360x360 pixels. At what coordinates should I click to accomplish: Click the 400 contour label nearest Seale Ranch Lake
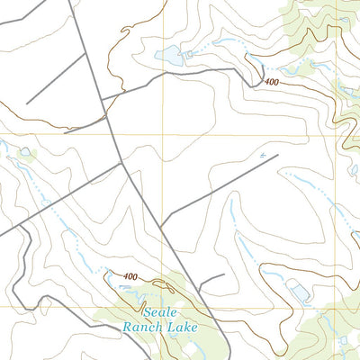[131, 276]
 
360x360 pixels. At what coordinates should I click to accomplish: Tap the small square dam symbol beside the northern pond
[190, 54]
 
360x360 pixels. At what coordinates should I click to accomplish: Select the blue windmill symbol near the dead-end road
[263, 156]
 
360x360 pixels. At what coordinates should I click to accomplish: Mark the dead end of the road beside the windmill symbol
[278, 154]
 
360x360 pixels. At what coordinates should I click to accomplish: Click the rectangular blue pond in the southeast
[296, 290]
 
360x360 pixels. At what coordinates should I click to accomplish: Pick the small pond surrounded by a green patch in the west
[24, 152]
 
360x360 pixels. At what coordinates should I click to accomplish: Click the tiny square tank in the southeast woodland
[343, 339]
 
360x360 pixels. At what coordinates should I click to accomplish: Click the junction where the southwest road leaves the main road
[121, 164]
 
